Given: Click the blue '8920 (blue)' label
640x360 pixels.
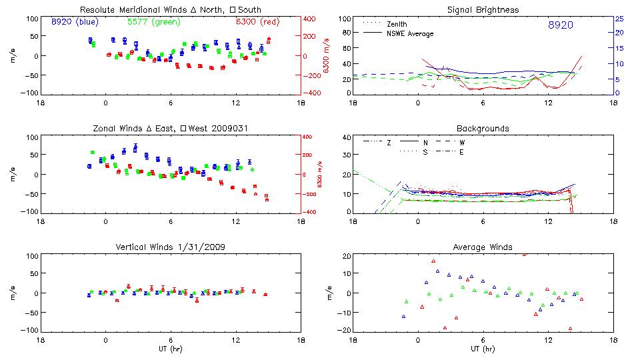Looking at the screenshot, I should pos(74,22).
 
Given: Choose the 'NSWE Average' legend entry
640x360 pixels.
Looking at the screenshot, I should pos(410,33).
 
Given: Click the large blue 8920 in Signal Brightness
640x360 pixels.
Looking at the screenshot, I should pos(560,25).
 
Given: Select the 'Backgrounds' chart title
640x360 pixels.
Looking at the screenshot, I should pos(483,128).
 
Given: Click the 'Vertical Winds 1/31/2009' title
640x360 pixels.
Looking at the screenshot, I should pos(170,247).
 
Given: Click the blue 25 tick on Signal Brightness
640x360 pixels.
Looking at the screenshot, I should pos(619,19).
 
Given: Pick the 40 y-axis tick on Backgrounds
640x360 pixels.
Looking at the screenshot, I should pos(347,138).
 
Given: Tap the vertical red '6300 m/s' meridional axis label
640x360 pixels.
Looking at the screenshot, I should pos(327,55).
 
